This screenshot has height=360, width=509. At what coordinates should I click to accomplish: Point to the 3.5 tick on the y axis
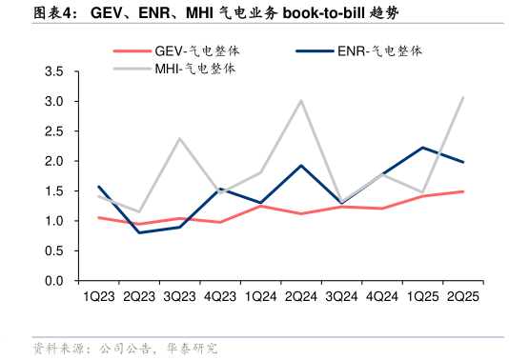pos(54,72)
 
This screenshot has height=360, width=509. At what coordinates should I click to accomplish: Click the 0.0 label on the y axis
pos(54,282)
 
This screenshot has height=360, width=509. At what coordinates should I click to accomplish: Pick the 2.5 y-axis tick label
pos(54,132)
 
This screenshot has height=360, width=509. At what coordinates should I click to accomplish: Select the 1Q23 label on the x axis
pos(99,297)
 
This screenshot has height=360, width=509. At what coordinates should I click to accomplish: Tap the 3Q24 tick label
pos(341,297)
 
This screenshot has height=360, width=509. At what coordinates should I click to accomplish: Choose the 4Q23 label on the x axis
pos(220,297)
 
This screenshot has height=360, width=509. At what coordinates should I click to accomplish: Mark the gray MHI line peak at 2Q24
pos(301,101)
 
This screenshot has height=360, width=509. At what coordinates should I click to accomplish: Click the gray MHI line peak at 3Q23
pos(180,139)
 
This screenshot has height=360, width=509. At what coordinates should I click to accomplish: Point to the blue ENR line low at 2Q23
pos(140,232)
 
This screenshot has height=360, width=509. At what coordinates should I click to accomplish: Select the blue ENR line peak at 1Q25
pos(422,148)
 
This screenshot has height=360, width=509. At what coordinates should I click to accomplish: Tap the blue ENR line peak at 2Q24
pos(301,166)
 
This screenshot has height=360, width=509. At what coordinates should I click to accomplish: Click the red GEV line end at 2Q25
pos(463,191)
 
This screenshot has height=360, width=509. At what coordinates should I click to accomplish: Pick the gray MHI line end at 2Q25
pos(463,97)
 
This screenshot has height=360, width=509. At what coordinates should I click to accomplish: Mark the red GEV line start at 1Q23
pos(99,218)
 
